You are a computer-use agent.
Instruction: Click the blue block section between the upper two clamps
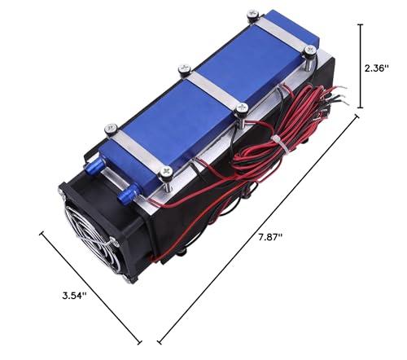[244, 62]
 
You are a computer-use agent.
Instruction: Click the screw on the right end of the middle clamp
[241, 108]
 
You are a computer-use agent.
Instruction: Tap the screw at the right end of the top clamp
[309, 50]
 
